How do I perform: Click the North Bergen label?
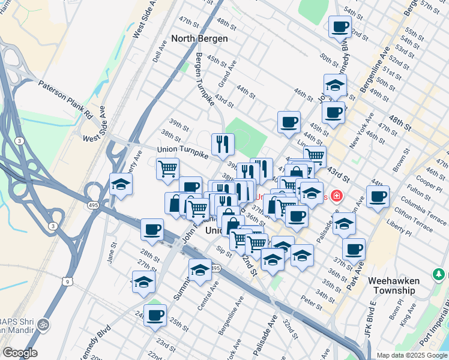[x=199, y=38]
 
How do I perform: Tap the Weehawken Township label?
[x=392, y=285]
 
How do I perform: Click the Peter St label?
[x=312, y=299]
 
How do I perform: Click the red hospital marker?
[x=337, y=196]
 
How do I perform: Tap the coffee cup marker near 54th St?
[x=340, y=26]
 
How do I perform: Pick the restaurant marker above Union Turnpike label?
[x=223, y=143]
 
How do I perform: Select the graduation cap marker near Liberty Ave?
[x=121, y=184]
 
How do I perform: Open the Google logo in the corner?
[x=20, y=353]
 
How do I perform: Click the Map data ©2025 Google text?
[x=411, y=355]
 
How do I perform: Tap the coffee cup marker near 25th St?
[x=155, y=314]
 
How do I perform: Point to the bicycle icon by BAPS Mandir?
[x=43, y=324]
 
